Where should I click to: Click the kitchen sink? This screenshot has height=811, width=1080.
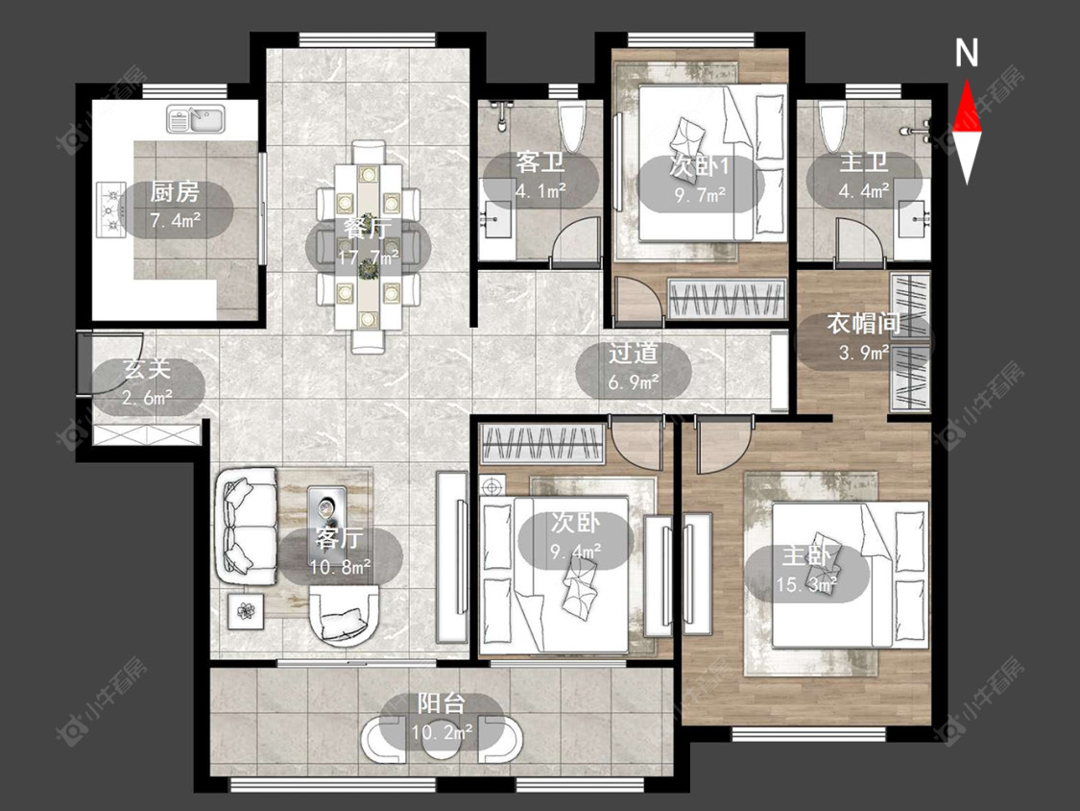[196, 119]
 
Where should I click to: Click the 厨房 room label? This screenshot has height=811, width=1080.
[175, 191]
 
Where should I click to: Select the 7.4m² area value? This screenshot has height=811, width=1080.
[175, 220]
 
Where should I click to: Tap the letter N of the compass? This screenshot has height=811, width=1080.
[967, 53]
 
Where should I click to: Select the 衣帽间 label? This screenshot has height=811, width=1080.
[864, 324]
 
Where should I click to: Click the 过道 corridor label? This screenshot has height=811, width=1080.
[633, 353]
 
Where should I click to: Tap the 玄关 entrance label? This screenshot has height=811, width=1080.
[147, 369]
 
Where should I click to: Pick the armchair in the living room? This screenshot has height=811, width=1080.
[345, 614]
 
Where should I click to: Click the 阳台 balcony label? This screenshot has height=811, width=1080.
[442, 703]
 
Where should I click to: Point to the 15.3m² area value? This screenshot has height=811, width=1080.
[806, 585]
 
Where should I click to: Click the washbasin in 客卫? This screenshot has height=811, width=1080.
[497, 219]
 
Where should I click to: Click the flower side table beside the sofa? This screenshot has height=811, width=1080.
[246, 610]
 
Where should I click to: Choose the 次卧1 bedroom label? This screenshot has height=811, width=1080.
[700, 166]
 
